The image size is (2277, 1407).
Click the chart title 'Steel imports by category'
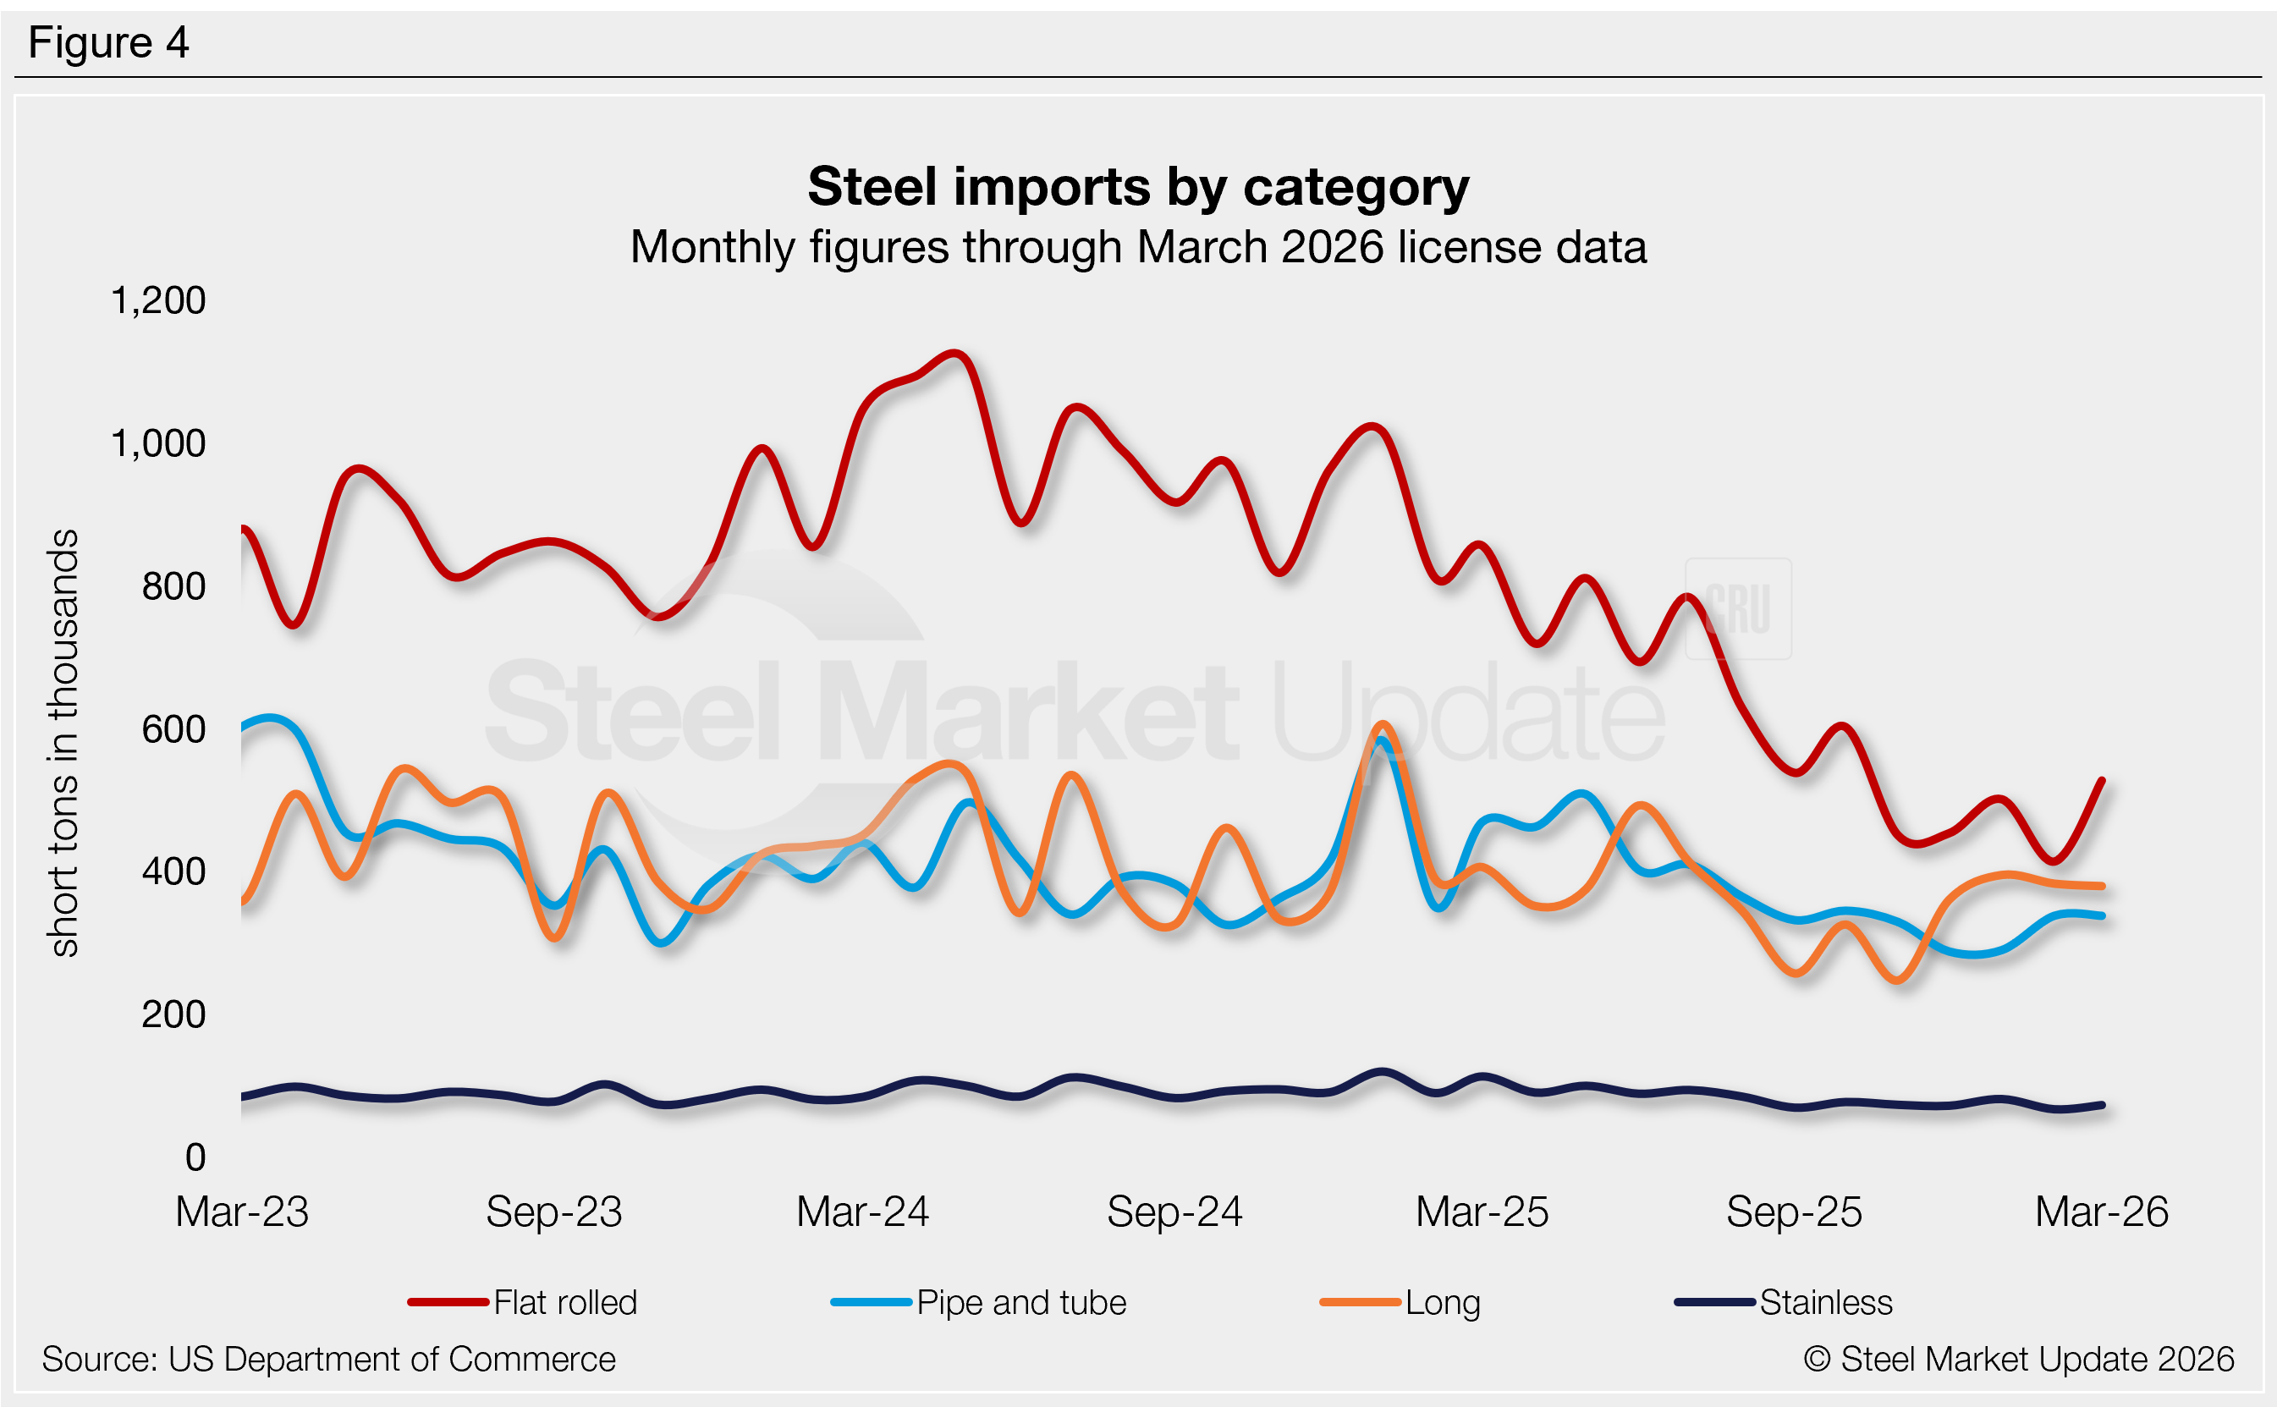click(x=1137, y=187)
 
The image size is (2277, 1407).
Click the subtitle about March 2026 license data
click(x=1137, y=248)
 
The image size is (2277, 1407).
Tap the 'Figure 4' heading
click(x=108, y=43)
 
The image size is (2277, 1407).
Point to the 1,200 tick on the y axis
click(x=157, y=300)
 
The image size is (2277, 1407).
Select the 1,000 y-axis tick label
click(x=157, y=444)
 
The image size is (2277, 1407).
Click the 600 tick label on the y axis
click(x=173, y=729)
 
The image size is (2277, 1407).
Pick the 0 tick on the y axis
click(x=195, y=1157)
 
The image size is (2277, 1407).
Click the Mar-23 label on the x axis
click(x=242, y=1212)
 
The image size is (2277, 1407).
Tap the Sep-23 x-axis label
click(x=553, y=1212)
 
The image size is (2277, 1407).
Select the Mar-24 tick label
click(x=862, y=1212)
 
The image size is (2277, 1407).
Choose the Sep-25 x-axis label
click(x=1794, y=1212)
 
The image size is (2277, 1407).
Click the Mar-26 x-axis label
click(x=2101, y=1212)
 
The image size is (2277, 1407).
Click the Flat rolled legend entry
click(x=565, y=1303)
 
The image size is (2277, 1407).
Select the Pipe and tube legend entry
click(x=1020, y=1303)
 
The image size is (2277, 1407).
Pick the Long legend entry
click(x=1443, y=1303)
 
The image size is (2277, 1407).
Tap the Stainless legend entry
click(x=1826, y=1303)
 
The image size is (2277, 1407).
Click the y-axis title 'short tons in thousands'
click(x=63, y=743)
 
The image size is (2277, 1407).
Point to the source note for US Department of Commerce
click(x=328, y=1360)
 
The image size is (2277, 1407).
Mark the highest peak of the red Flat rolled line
click(x=955, y=354)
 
